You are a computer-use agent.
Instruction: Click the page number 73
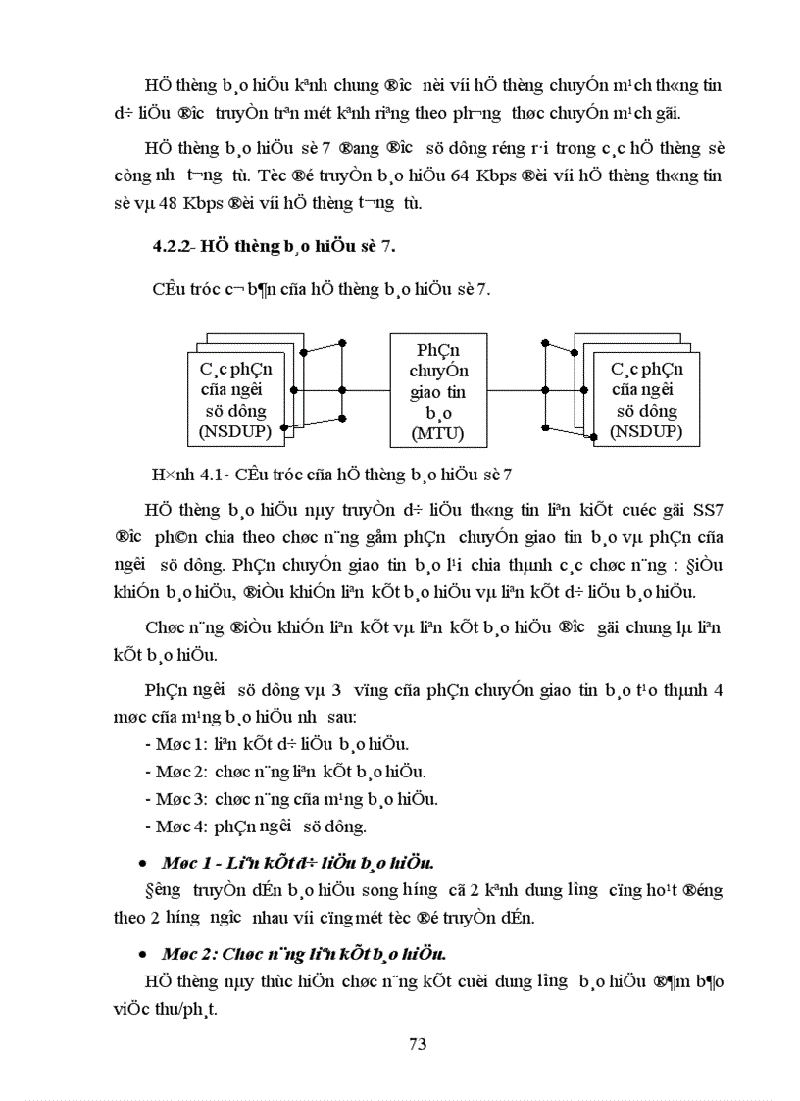[x=418, y=1043]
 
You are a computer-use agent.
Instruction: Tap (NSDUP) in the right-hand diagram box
[x=646, y=431]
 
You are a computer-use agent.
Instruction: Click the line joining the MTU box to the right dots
[x=518, y=389]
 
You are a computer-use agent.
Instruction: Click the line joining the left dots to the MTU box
[x=366, y=389]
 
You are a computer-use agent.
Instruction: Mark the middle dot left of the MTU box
[x=342, y=389]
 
